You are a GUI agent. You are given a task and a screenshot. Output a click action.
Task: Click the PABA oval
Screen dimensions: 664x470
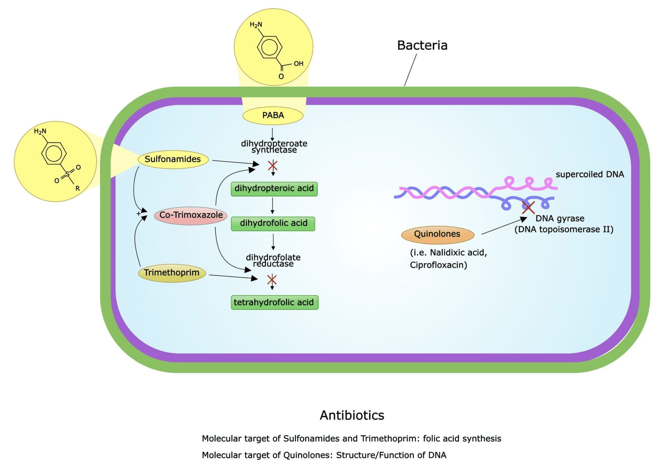click(x=273, y=115)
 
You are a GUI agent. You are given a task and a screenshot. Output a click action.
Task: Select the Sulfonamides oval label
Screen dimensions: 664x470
click(x=173, y=159)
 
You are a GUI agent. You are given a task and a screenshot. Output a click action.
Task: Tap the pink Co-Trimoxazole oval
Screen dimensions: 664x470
click(x=191, y=215)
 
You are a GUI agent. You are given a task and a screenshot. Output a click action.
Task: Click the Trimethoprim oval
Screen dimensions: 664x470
click(x=172, y=273)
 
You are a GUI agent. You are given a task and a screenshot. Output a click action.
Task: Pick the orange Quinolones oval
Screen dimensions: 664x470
click(x=437, y=234)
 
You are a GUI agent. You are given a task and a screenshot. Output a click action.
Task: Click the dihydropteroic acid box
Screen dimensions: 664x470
click(x=274, y=189)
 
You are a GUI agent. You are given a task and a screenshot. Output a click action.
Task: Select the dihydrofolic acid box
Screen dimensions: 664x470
click(x=273, y=223)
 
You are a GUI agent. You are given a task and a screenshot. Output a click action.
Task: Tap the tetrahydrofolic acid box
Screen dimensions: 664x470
click(x=275, y=302)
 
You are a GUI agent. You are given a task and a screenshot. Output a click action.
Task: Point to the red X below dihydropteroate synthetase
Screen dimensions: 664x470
click(x=273, y=166)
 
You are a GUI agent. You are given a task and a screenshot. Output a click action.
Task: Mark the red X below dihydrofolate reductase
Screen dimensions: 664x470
click(x=272, y=280)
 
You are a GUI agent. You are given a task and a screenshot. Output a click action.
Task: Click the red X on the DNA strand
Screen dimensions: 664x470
click(x=528, y=207)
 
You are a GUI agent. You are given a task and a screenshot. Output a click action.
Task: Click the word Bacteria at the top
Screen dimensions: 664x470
click(x=422, y=45)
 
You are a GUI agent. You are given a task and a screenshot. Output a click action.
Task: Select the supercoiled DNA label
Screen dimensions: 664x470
click(x=590, y=175)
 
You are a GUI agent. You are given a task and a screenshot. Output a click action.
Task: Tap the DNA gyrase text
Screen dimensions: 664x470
click(x=560, y=219)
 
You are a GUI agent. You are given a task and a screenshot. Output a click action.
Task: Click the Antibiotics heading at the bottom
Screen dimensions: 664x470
click(x=352, y=415)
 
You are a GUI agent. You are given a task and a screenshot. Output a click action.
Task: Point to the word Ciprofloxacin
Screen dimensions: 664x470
click(x=438, y=265)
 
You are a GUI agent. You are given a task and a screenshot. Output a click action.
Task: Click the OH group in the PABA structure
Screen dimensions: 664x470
click(x=298, y=64)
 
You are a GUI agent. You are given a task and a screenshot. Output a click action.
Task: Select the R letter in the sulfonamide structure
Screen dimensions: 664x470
click(x=77, y=188)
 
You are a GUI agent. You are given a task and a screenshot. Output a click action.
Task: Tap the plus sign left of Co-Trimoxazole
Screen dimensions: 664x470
click(x=139, y=213)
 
